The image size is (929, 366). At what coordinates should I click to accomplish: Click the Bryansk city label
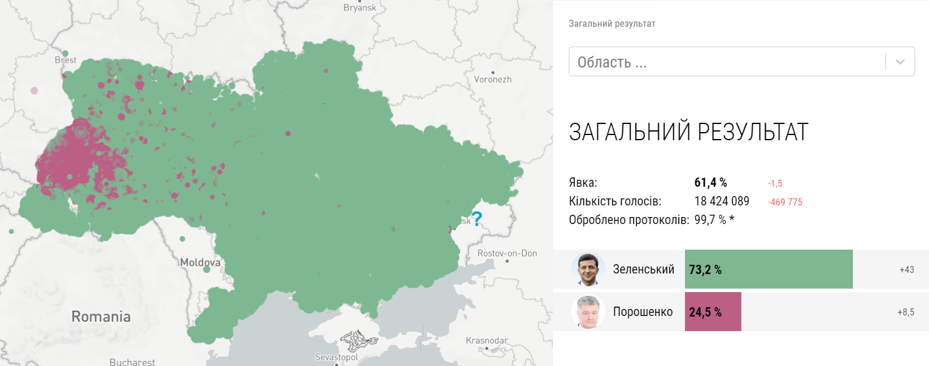(x=360, y=8)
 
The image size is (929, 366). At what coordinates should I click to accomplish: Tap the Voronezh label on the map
(x=493, y=79)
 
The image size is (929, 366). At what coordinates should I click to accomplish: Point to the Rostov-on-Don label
(x=507, y=253)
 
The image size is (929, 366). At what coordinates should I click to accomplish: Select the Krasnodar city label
(x=486, y=340)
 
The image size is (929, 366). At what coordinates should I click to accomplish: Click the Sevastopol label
(x=336, y=357)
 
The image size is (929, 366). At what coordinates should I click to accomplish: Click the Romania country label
(x=101, y=317)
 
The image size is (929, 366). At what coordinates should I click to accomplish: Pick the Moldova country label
(x=200, y=262)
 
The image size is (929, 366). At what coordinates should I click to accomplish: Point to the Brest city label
(x=66, y=60)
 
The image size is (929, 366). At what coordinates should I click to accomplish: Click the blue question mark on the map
(x=477, y=219)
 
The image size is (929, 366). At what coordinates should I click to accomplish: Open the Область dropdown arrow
(x=900, y=62)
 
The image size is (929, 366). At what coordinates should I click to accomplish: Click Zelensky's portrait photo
(x=588, y=269)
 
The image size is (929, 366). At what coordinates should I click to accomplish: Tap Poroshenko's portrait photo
(x=588, y=312)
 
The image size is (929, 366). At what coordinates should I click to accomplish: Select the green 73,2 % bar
(x=768, y=269)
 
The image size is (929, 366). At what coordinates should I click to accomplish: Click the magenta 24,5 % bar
(x=713, y=312)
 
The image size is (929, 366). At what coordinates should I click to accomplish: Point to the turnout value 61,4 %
(x=711, y=183)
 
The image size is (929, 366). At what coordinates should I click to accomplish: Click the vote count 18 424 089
(x=722, y=201)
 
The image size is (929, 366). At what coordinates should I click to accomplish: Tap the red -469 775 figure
(x=785, y=202)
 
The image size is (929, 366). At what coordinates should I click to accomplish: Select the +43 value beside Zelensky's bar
(x=906, y=269)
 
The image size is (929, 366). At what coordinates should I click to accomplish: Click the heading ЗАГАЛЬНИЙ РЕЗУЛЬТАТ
(x=688, y=133)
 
